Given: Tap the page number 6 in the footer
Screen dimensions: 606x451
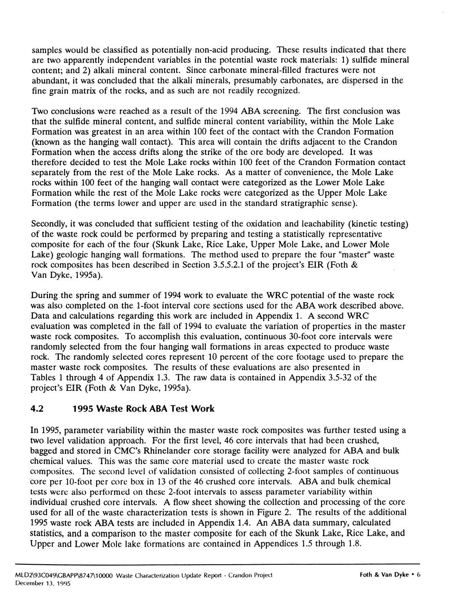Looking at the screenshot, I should point(419,575).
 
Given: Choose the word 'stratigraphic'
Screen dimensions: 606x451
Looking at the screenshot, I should point(298,203).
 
